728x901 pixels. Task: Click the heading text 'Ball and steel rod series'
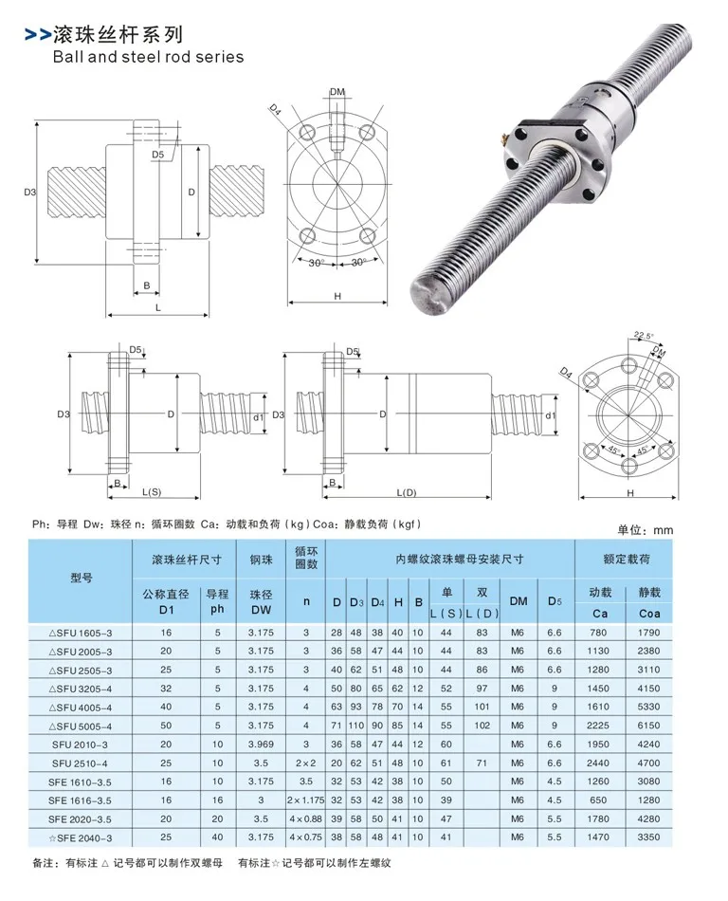coord(148,57)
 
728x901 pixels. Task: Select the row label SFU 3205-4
coord(81,689)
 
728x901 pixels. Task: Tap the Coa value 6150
coord(648,726)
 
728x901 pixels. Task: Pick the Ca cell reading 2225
coord(598,726)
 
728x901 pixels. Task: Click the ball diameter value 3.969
coord(262,745)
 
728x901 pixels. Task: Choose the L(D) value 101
coord(482,707)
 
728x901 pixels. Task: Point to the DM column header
coord(519,601)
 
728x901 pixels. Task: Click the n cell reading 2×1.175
coord(306,800)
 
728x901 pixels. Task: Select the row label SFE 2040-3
coord(81,837)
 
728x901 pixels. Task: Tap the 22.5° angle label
coord(644,336)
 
